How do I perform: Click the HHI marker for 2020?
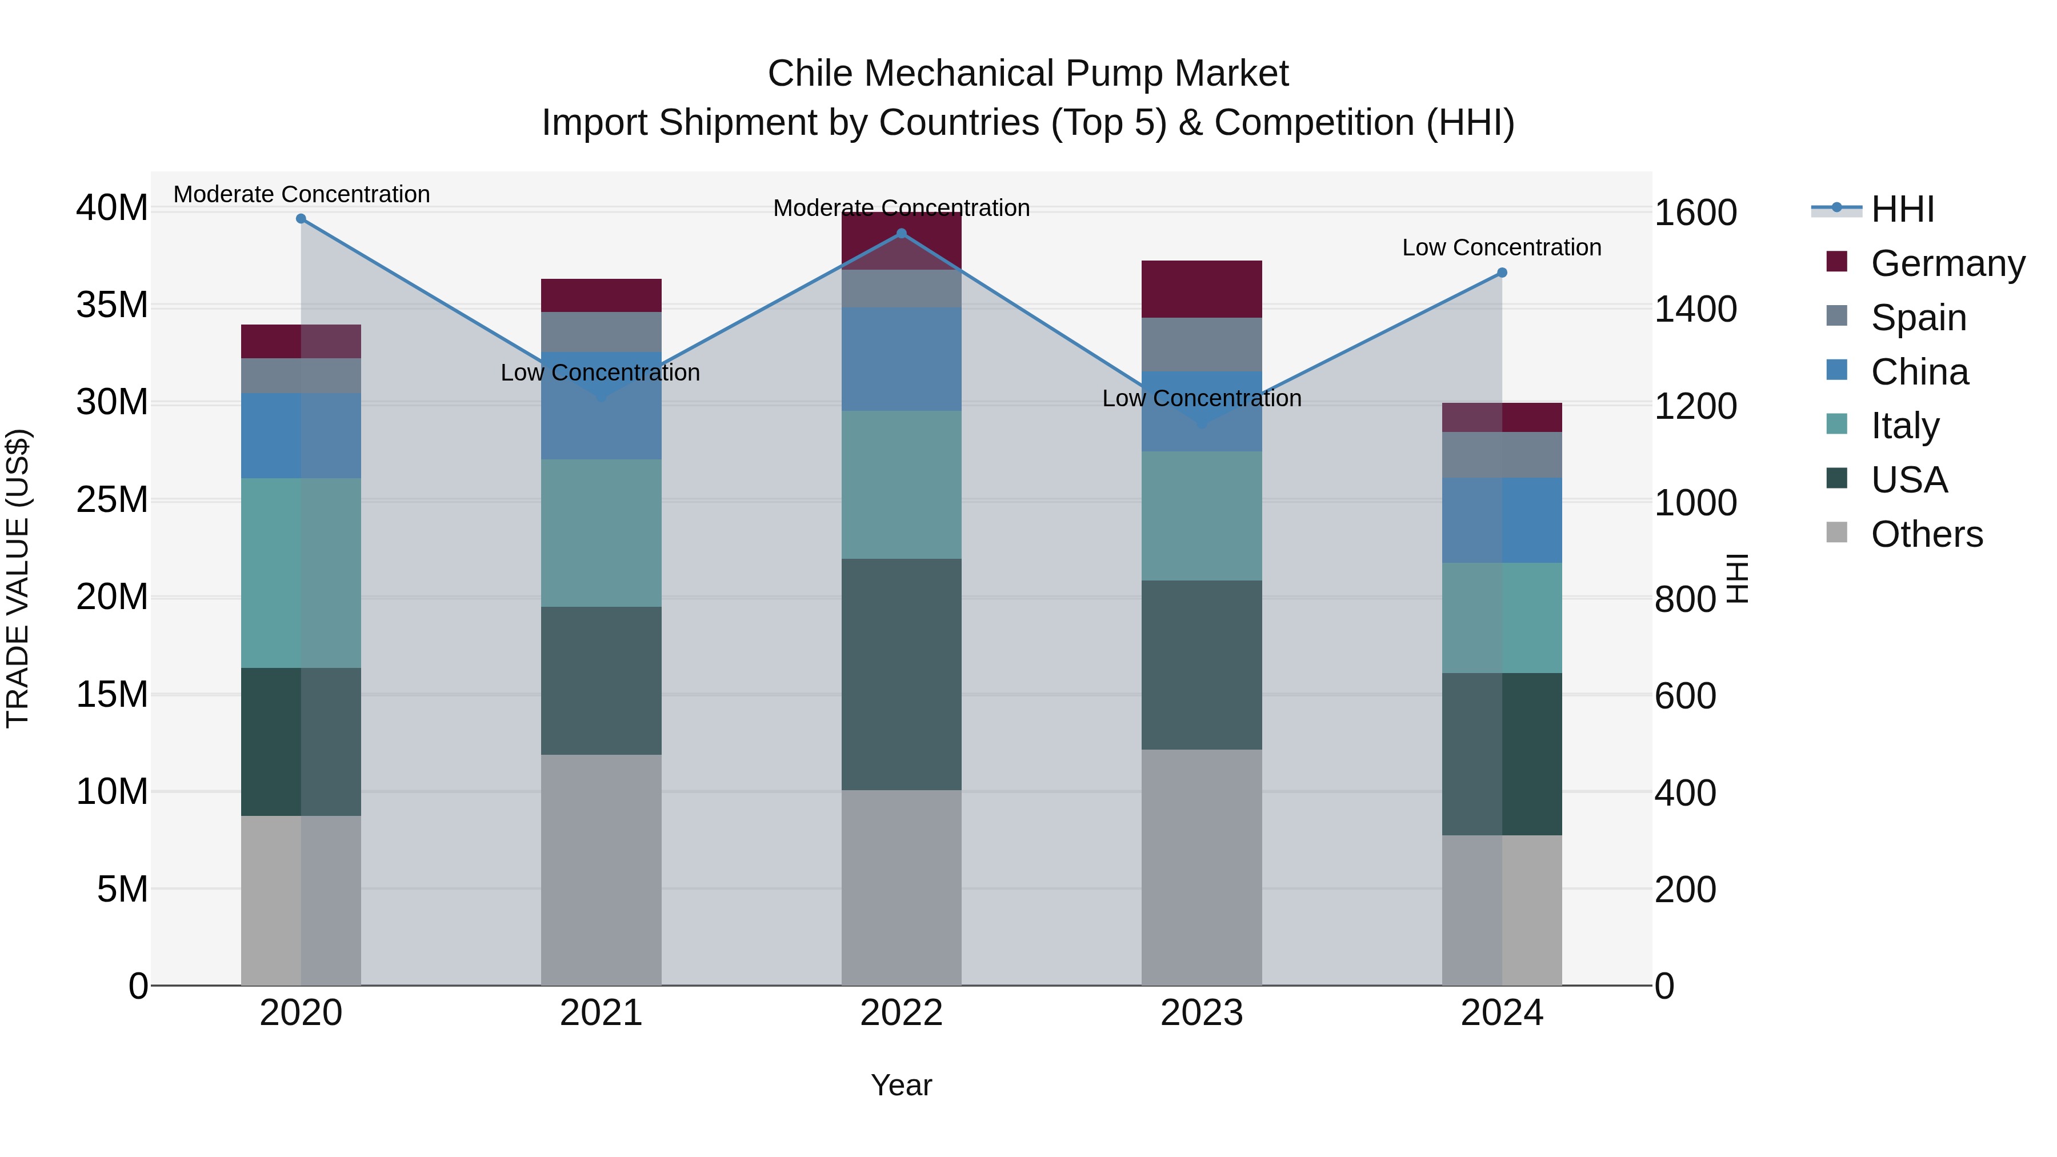click(x=301, y=219)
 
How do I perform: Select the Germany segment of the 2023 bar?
click(x=1201, y=289)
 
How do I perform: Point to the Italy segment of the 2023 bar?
click(x=1201, y=516)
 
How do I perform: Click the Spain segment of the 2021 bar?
click(x=601, y=331)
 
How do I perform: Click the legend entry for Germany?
click(x=1947, y=263)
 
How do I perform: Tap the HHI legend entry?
click(x=1902, y=209)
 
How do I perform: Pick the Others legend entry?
click(x=1926, y=534)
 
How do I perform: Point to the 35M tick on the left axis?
click(x=112, y=305)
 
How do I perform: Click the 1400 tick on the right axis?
click(x=1695, y=310)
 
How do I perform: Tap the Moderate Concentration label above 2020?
click(x=301, y=194)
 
